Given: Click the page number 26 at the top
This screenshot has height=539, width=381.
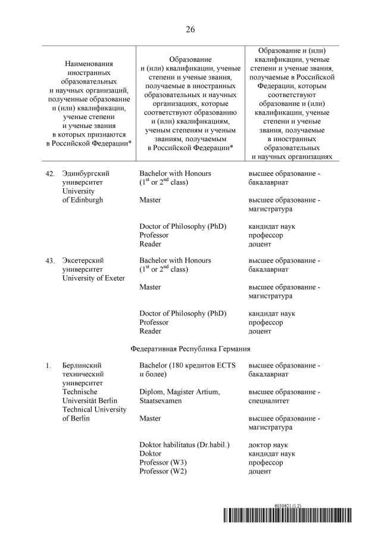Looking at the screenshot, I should (x=190, y=29).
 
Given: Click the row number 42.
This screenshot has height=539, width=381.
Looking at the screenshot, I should (x=50, y=173).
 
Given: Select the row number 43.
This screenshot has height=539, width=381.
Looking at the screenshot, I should (x=50, y=260).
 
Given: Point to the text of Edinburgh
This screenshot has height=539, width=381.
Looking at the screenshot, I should (x=82, y=200).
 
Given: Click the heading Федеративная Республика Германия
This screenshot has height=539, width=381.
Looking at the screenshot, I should (x=190, y=348).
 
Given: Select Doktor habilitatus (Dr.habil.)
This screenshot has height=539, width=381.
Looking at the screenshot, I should (x=185, y=445).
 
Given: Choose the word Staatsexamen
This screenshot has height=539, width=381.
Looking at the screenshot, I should (x=161, y=401).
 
